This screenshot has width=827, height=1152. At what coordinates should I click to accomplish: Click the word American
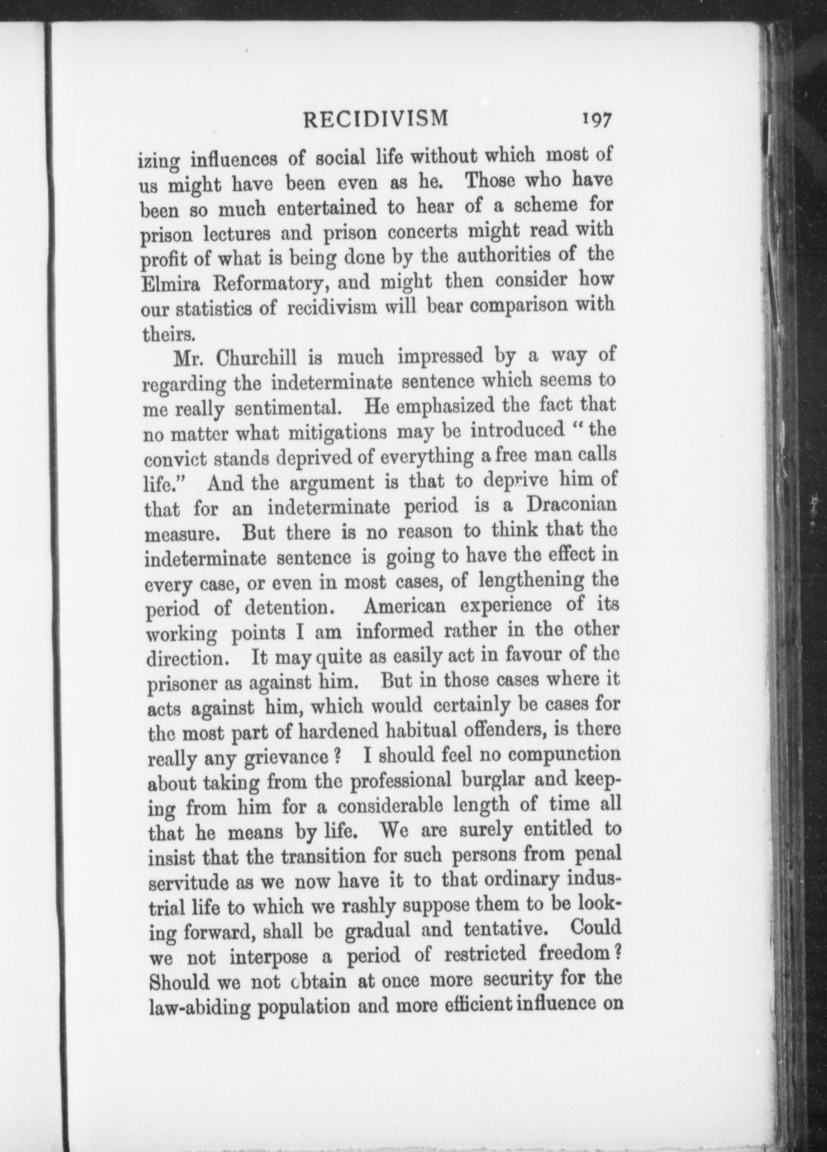pos(404,606)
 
